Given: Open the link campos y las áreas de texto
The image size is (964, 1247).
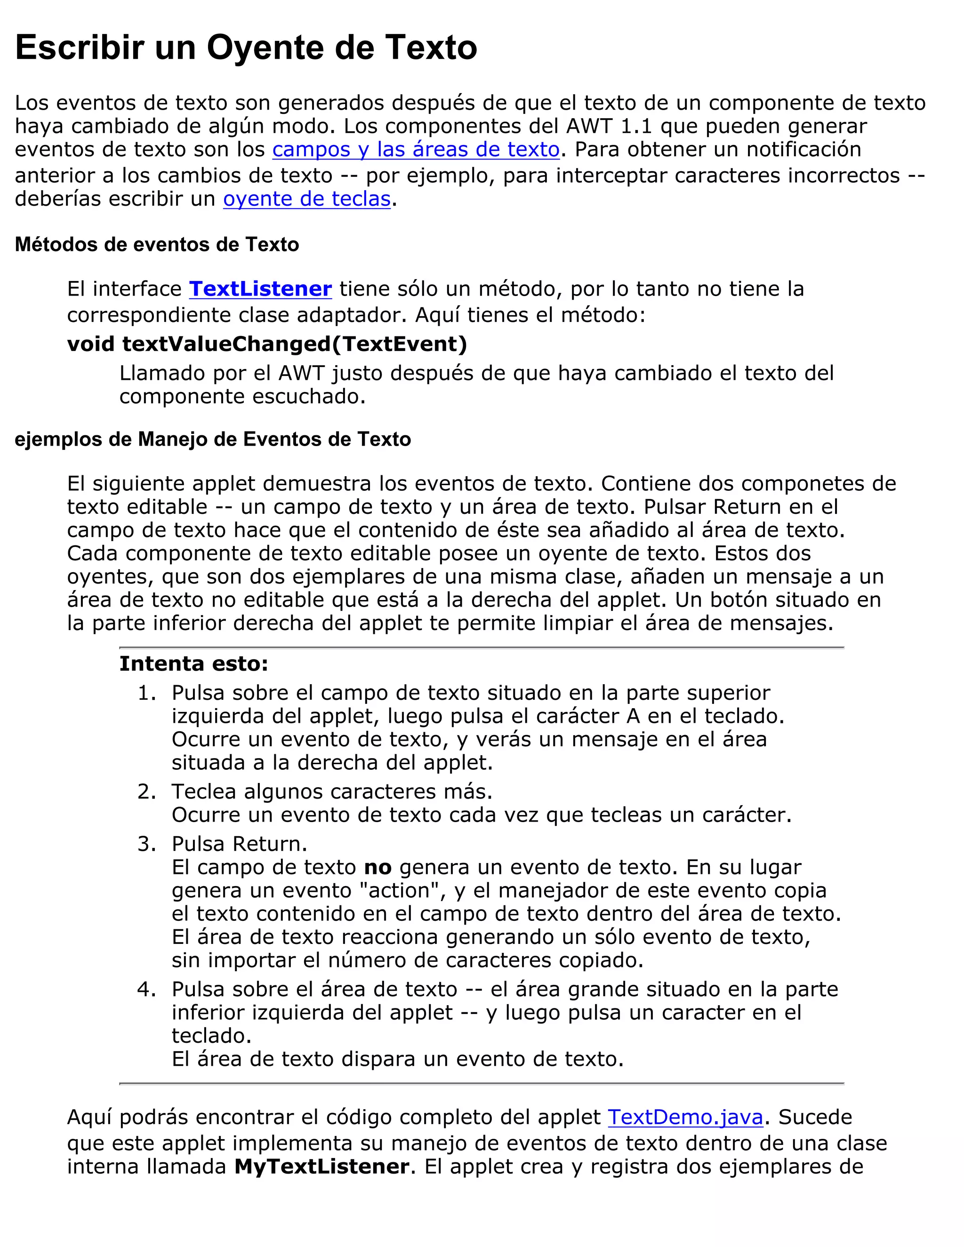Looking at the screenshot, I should pyautogui.click(x=416, y=150).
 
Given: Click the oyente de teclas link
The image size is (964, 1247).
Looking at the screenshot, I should pyautogui.click(x=307, y=199).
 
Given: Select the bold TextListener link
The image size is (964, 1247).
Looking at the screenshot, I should pyautogui.click(x=260, y=289).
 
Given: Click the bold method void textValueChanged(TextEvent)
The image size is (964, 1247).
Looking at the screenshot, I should pyautogui.click(x=267, y=344).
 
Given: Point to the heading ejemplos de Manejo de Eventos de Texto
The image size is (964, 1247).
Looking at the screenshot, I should pyautogui.click(x=212, y=439).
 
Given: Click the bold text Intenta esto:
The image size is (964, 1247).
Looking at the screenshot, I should pyautogui.click(x=193, y=663).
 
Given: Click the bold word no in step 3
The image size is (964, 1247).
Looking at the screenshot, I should pyautogui.click(x=378, y=867).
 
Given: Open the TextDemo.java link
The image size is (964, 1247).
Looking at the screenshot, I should pyautogui.click(x=685, y=1117).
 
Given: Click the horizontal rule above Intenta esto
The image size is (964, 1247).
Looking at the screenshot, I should pyautogui.click(x=482, y=647).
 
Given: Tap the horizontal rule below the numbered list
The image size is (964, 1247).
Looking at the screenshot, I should pyautogui.click(x=482, y=1083).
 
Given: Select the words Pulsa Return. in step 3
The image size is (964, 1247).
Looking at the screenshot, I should pyautogui.click(x=239, y=844).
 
